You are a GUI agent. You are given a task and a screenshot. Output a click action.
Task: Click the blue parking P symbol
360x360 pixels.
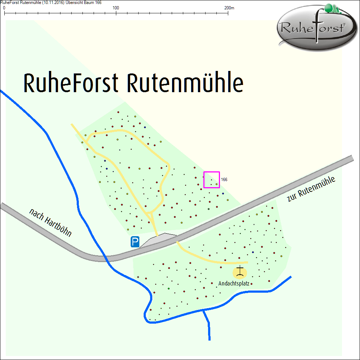click(135, 242)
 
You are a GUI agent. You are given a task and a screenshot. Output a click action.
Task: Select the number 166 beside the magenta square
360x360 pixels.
click(224, 179)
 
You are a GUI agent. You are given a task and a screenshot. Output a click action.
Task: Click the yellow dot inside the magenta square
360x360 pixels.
click(216, 184)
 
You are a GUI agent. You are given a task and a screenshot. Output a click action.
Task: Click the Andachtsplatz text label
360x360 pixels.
click(234, 284)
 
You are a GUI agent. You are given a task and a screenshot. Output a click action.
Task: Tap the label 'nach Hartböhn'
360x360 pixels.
click(50, 222)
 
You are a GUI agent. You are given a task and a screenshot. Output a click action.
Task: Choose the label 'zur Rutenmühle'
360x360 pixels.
click(311, 189)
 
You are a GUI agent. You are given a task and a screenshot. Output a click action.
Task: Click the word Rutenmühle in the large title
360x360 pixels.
click(185, 83)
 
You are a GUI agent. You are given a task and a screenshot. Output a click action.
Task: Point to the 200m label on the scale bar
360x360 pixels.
click(229, 8)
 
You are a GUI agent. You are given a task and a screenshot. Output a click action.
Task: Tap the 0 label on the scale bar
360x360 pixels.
click(4, 8)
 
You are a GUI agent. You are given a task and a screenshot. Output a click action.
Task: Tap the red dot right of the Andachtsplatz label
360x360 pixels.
click(251, 284)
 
